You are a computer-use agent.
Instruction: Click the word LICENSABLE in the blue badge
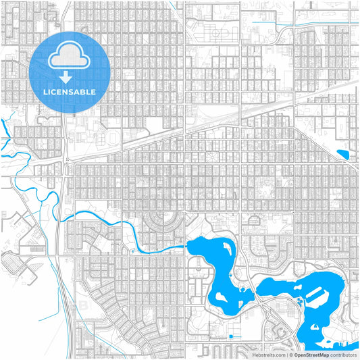coord(70,92)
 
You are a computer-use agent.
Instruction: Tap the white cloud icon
coord(70,56)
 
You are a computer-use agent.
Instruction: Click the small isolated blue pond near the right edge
coord(342,155)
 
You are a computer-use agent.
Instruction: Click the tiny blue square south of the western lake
coord(230,336)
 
